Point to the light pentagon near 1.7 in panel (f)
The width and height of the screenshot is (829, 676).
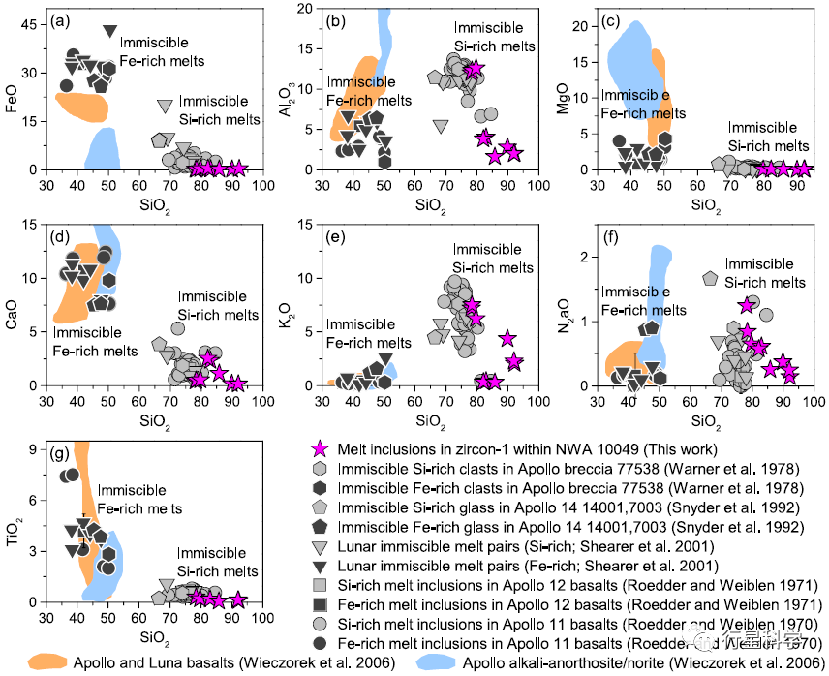pyautogui.click(x=710, y=278)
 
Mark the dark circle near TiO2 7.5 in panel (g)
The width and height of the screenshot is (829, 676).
pyautogui.click(x=70, y=475)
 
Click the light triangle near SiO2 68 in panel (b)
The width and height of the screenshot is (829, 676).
pyautogui.click(x=441, y=126)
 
